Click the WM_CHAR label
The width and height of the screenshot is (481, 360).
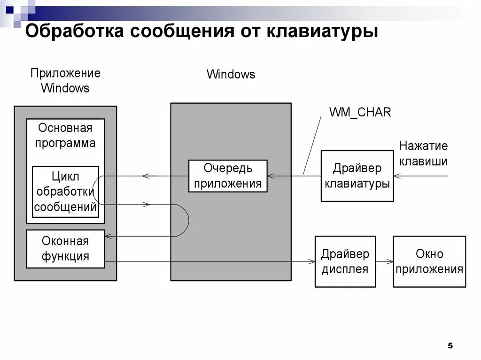[x=360, y=112]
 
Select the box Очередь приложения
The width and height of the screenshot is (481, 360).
[x=228, y=176]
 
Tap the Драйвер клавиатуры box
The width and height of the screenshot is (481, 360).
[x=357, y=176]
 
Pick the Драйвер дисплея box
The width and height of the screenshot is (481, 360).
[x=345, y=261]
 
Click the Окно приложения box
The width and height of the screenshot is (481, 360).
[x=429, y=261]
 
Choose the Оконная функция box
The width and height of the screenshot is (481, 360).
[x=65, y=249]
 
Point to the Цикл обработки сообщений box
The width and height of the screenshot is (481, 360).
[x=65, y=191]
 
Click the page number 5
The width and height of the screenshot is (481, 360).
[x=450, y=346]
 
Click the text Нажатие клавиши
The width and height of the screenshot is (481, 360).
[x=423, y=153]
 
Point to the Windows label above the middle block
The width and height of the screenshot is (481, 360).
[x=231, y=74]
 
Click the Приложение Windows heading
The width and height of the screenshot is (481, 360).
[x=65, y=80]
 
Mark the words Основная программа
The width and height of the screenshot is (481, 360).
[x=65, y=136]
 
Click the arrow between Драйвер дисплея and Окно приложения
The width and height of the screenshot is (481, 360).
[x=384, y=261]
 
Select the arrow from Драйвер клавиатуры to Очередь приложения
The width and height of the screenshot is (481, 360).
[x=294, y=176]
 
